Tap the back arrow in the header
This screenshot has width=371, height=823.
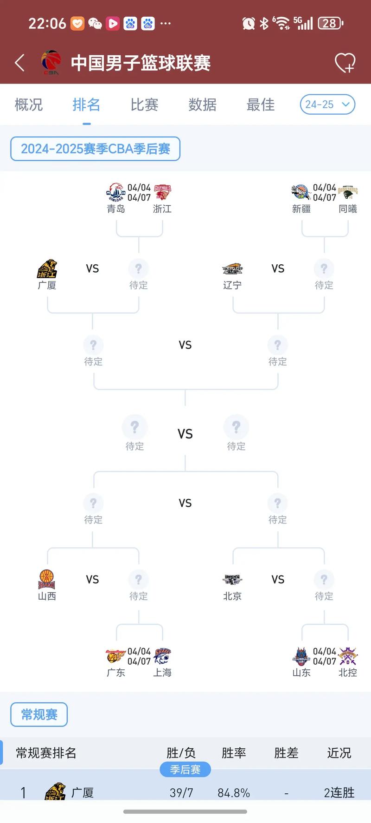click(19, 63)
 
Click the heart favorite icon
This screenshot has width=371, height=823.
click(345, 63)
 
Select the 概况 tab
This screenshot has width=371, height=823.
click(29, 105)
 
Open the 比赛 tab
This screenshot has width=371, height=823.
click(144, 105)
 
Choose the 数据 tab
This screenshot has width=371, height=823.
click(202, 105)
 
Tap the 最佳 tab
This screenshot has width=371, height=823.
click(260, 105)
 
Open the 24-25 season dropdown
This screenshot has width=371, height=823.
click(327, 105)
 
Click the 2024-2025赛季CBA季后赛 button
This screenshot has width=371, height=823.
click(95, 149)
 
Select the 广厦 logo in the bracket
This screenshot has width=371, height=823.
click(47, 269)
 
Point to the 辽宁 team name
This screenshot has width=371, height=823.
click(232, 285)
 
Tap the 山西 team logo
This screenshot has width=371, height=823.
click(47, 579)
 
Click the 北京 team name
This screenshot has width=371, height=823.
click(232, 596)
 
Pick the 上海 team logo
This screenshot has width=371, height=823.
click(162, 656)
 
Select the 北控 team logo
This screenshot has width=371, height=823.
click(348, 656)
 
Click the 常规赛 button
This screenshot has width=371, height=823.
click(39, 714)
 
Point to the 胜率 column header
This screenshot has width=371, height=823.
click(234, 753)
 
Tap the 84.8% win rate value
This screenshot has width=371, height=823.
click(234, 792)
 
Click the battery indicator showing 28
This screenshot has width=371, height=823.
click(330, 23)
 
